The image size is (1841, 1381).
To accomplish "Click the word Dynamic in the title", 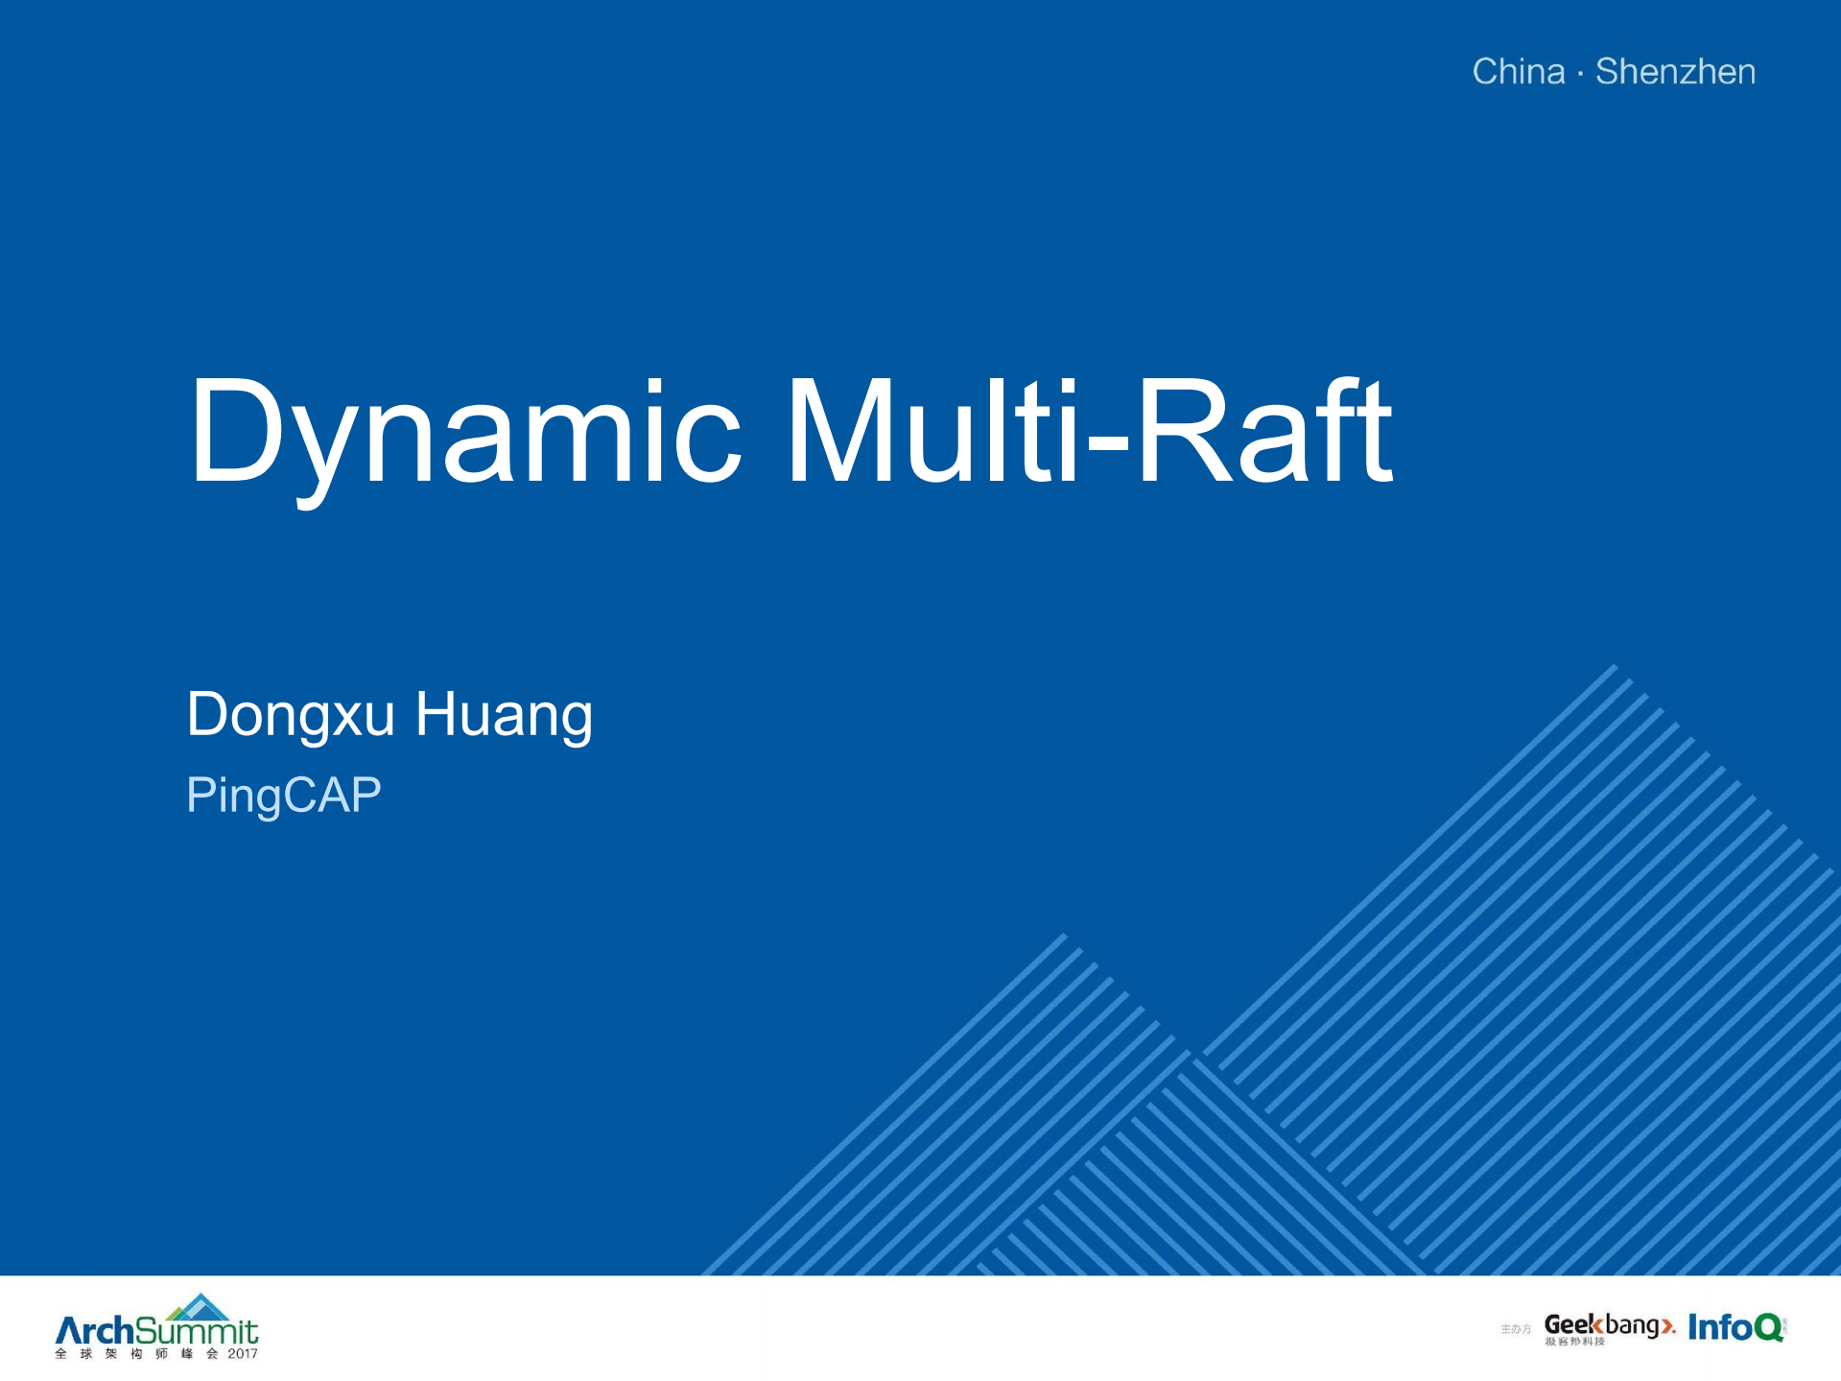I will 465,432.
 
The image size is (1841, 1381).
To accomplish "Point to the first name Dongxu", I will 291,715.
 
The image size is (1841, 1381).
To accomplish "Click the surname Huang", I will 504,715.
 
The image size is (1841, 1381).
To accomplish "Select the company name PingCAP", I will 283,795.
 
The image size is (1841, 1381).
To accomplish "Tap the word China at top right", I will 1519,72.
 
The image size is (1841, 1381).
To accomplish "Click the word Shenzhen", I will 1675,72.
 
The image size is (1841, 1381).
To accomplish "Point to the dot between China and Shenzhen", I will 1580,73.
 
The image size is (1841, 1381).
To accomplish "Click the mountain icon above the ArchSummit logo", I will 199,1306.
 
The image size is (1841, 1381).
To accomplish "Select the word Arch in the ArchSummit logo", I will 94,1331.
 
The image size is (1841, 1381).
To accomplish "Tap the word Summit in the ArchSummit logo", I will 197,1331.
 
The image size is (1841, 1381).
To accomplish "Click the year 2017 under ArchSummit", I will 242,1354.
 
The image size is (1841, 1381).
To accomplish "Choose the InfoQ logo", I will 1735,1327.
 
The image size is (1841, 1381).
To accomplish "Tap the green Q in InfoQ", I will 1768,1328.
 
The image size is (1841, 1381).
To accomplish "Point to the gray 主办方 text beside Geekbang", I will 1516,1329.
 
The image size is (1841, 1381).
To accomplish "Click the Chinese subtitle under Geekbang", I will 1574,1342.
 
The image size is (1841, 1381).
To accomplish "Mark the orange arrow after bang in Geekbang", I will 1668,1326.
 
